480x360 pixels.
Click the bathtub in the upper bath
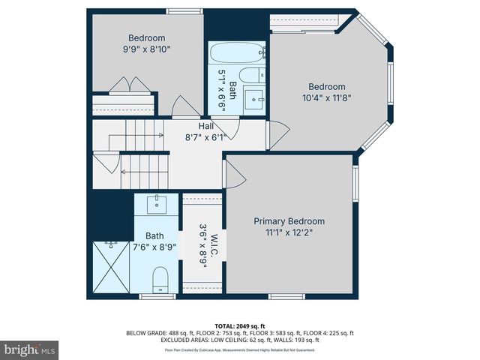[235, 54]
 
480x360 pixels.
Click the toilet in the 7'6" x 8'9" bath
[159, 280]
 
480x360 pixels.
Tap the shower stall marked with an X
[111, 268]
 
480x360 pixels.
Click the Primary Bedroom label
[289, 221]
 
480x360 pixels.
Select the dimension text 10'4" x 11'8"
[326, 97]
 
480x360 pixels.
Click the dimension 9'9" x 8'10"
[146, 49]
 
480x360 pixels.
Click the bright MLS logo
[30, 349]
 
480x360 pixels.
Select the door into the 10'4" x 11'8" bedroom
[274, 135]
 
